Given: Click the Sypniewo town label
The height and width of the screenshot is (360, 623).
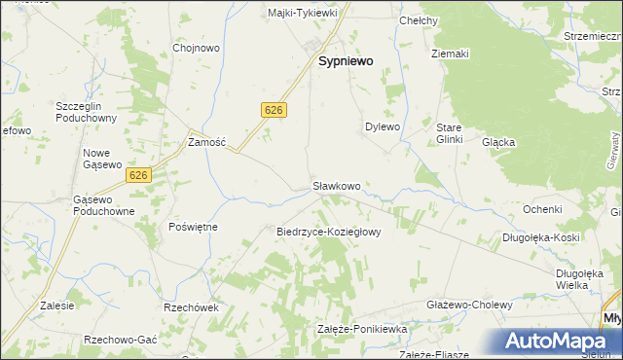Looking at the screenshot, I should point(347,60).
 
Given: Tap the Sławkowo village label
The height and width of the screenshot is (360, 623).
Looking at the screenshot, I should point(337,185).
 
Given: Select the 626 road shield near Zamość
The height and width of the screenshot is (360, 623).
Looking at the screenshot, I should point(274,111).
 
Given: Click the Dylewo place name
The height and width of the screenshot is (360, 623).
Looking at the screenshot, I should point(383,126).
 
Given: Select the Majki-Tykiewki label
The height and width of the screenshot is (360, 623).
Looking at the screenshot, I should point(302,13).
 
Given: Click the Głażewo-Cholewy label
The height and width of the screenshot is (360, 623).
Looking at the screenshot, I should point(469,305).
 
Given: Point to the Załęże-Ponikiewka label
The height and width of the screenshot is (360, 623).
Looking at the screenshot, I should point(361,330).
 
